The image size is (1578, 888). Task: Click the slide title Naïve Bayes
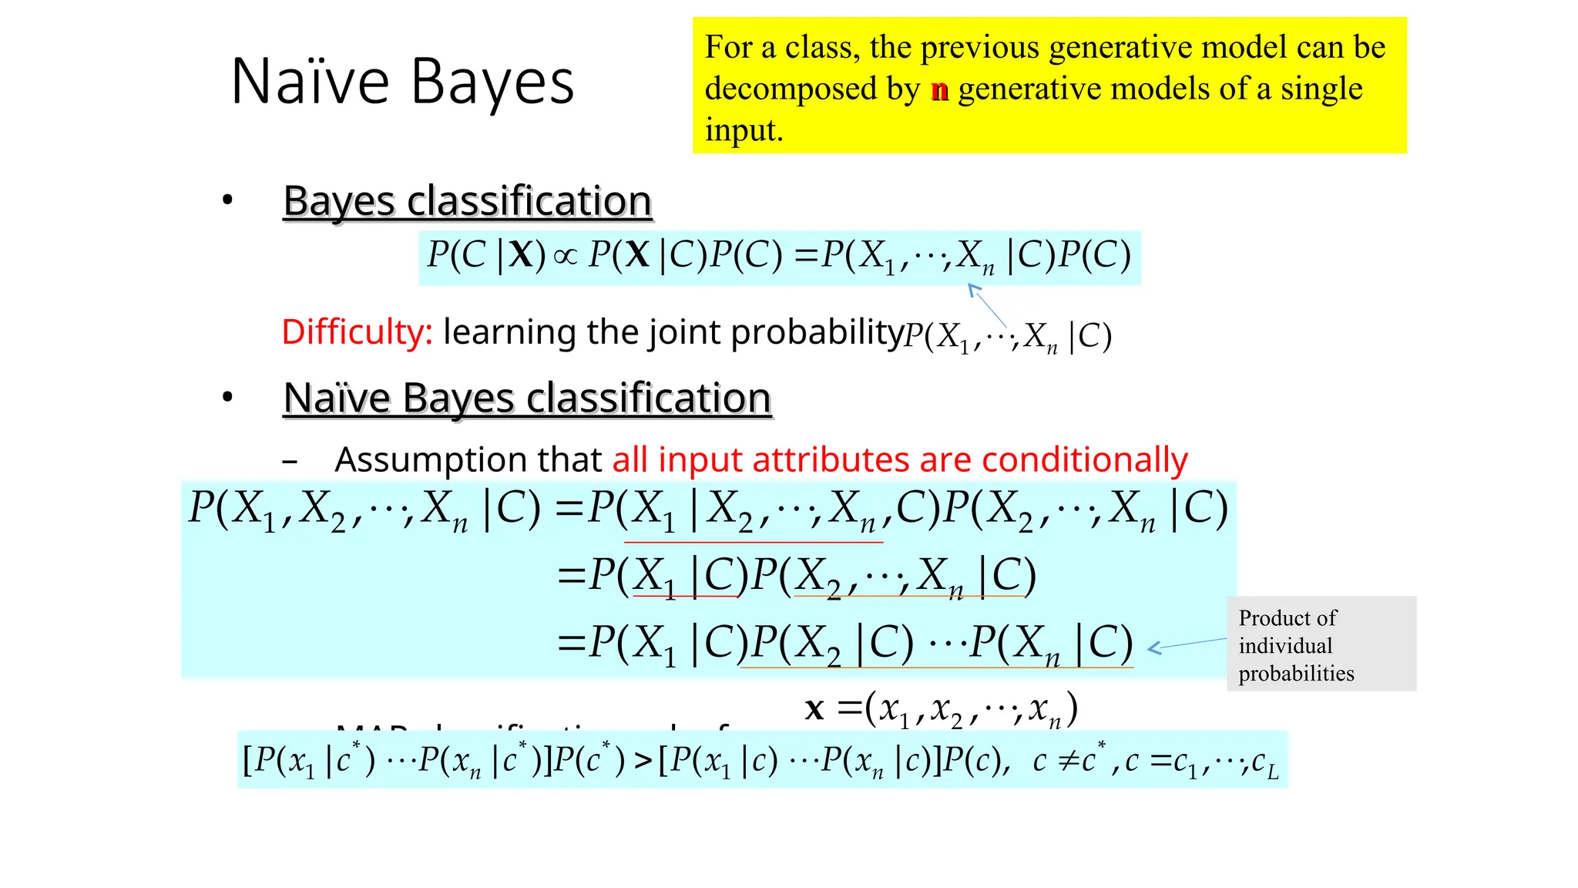(x=402, y=82)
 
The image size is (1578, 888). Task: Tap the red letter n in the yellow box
(x=939, y=89)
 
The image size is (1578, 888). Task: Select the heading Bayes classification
(x=467, y=201)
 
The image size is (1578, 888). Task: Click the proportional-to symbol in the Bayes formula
(x=566, y=256)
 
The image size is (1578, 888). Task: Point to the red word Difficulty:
(x=357, y=332)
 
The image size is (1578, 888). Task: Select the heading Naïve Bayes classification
(x=527, y=399)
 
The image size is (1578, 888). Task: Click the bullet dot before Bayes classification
(x=227, y=200)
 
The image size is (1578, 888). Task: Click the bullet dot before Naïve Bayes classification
(x=227, y=398)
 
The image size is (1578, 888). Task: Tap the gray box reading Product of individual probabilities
(x=1321, y=644)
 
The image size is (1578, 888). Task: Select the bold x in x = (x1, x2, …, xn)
(x=814, y=708)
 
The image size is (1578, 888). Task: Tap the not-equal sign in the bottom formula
(x=1067, y=762)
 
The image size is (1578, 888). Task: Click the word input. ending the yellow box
(x=744, y=131)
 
